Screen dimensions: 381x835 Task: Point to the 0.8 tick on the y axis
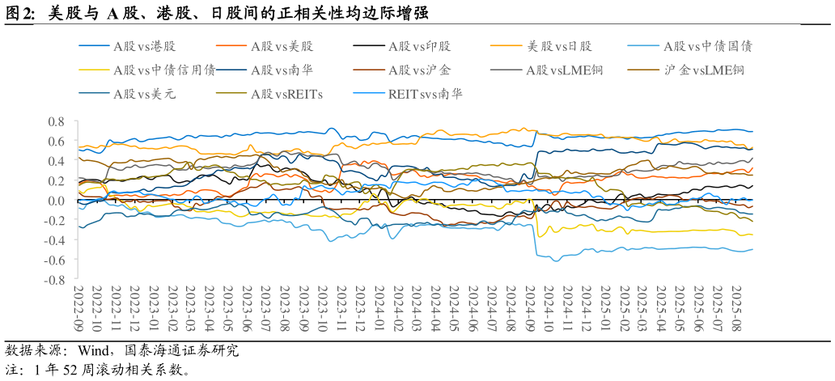tap(56, 121)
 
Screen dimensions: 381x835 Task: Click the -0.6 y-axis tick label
tap(53, 260)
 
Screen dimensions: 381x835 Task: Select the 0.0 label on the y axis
tap(56, 201)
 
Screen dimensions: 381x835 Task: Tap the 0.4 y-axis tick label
tap(56, 161)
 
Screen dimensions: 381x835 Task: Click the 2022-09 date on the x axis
tap(78, 305)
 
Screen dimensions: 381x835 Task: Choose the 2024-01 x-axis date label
tap(379, 305)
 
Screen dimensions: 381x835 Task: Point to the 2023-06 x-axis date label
tap(248, 305)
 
